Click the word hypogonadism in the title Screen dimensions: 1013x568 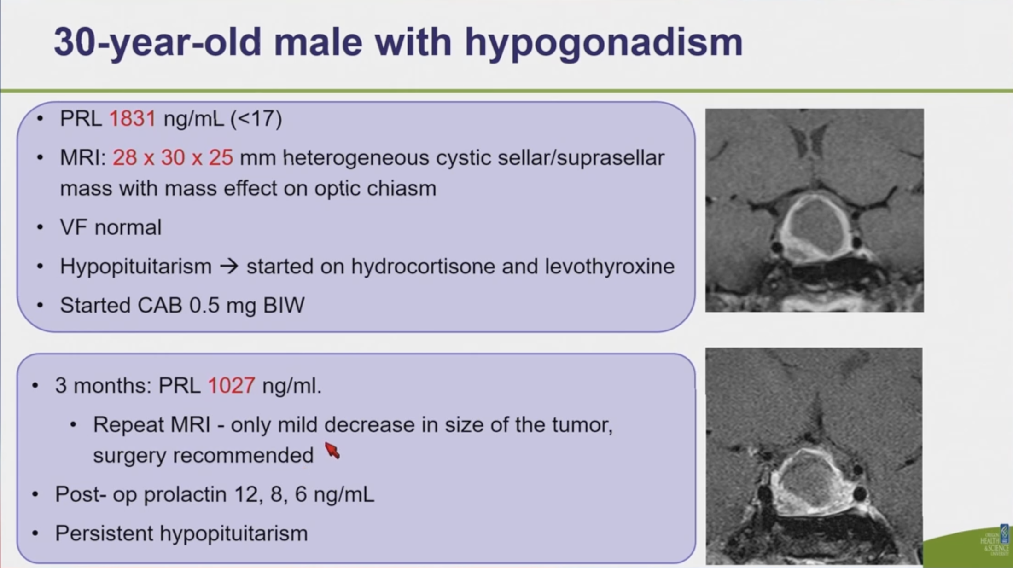604,43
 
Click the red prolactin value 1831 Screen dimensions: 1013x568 132,119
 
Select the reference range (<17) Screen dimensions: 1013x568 256,119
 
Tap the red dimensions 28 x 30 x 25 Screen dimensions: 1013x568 173,158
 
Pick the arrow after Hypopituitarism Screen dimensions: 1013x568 229,267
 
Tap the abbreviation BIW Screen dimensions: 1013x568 284,305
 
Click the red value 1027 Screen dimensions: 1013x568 231,385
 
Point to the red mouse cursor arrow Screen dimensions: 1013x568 332,451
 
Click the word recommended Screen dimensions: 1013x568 244,455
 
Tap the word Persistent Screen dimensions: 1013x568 104,533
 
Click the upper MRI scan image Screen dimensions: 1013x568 815,210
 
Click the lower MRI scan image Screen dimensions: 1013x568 814,456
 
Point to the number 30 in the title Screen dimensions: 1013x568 74,42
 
